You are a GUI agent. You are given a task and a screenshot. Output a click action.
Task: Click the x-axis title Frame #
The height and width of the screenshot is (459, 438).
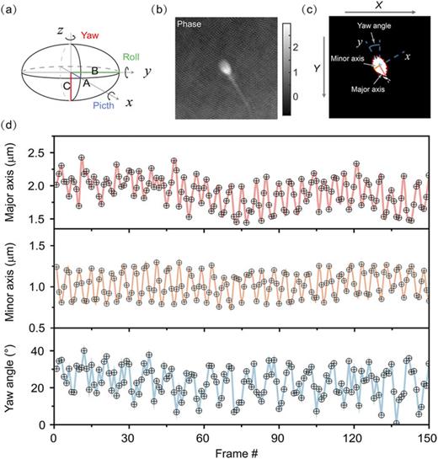click(240, 452)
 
